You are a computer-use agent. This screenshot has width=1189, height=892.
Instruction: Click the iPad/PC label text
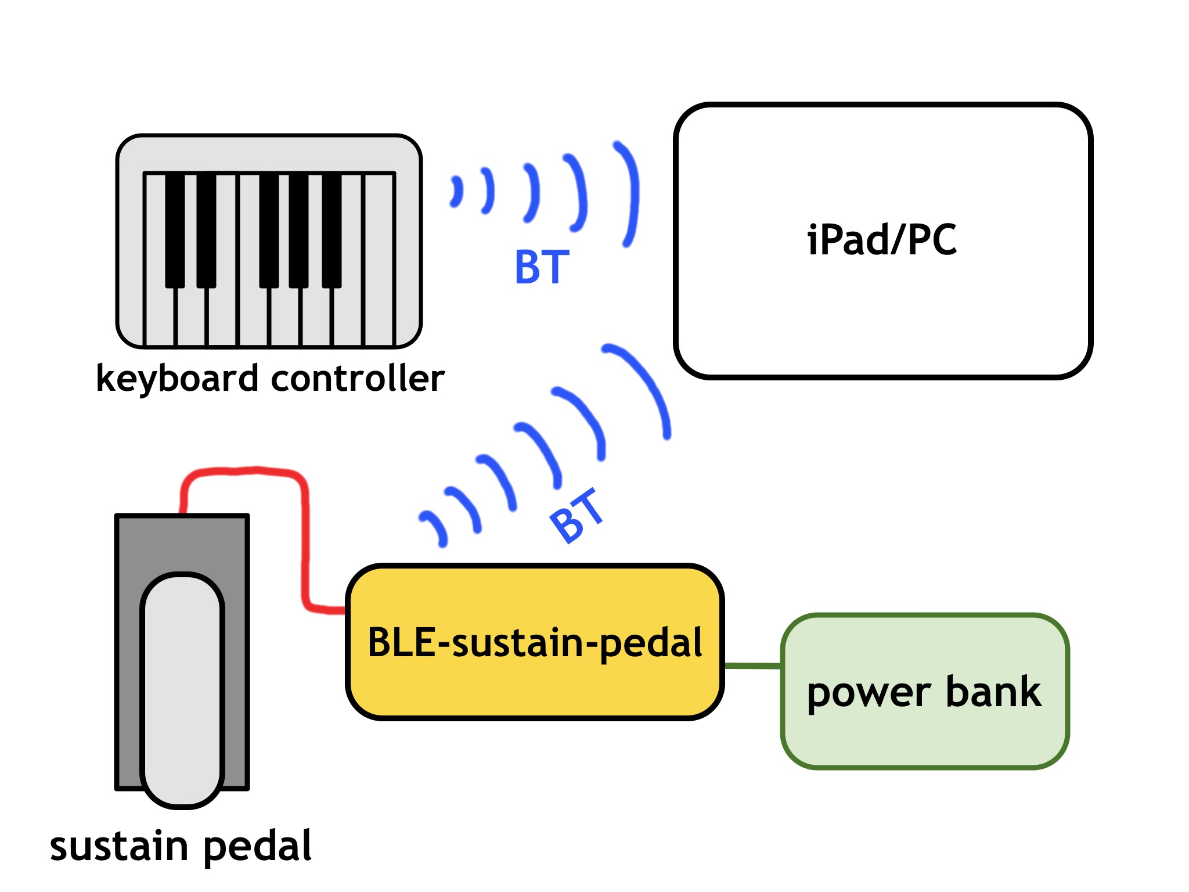(881, 240)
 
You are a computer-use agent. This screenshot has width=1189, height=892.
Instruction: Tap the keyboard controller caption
(270, 379)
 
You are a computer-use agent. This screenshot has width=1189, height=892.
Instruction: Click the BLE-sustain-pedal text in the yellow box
(535, 643)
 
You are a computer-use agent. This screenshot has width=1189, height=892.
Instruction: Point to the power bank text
(924, 692)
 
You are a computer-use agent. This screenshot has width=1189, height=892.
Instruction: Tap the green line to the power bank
(753, 666)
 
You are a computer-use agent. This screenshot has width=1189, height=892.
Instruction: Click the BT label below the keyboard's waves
(542, 267)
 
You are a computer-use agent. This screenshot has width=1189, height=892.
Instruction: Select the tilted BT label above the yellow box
(577, 516)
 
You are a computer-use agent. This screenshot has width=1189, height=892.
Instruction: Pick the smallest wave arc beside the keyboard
(457, 192)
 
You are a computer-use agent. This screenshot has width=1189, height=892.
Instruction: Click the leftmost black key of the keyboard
(175, 229)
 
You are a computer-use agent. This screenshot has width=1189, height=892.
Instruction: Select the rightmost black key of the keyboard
(332, 229)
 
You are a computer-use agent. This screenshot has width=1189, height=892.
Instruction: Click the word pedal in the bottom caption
(257, 846)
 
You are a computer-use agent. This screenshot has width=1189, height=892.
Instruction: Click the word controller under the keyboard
(358, 379)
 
